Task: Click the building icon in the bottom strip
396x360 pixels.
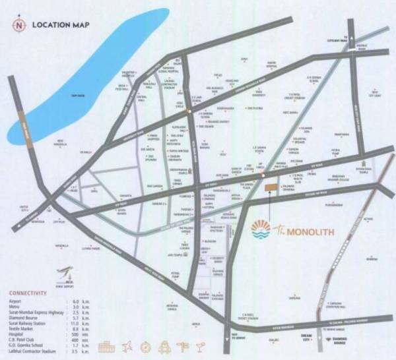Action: point(106,347)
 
